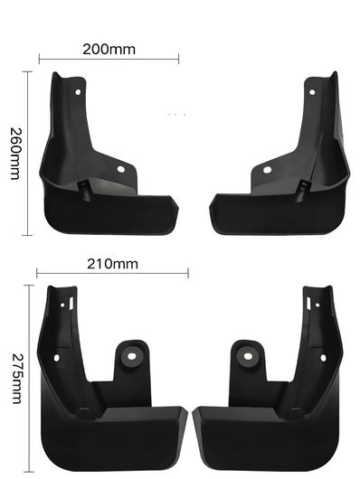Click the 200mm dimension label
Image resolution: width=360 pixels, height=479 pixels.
(x=109, y=49)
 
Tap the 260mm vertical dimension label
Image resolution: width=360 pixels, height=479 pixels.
(x=15, y=154)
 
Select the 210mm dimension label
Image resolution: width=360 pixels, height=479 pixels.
(x=112, y=264)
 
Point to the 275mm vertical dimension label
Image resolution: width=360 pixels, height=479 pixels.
(x=17, y=379)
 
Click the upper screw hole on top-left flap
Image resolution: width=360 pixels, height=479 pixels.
(x=78, y=92)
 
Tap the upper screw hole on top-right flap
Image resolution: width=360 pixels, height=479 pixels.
(x=312, y=92)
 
